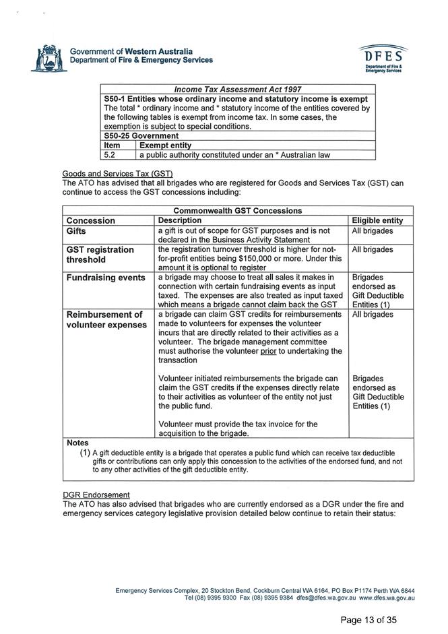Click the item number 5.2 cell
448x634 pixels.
click(x=113, y=154)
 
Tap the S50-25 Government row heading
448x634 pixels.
click(x=141, y=135)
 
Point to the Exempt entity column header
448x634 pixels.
click(x=166, y=145)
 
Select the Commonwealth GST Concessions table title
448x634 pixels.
click(x=238, y=210)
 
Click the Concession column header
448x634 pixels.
click(x=90, y=220)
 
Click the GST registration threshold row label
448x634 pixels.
click(x=100, y=254)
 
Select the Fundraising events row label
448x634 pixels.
click(x=105, y=278)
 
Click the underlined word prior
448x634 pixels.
click(x=268, y=351)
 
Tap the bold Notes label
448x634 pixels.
click(x=77, y=443)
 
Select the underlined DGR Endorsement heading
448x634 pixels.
click(x=95, y=495)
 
